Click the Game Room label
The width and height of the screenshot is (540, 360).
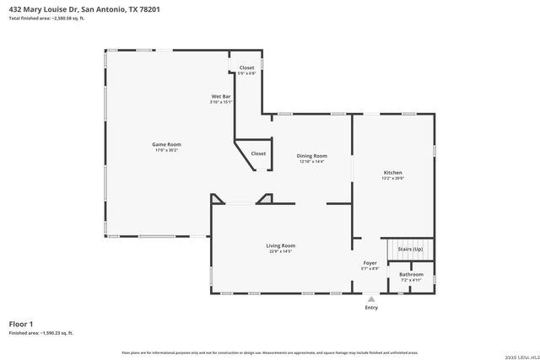(x=166, y=144)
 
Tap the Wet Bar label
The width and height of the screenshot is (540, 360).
(x=221, y=96)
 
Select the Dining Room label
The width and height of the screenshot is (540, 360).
(x=311, y=155)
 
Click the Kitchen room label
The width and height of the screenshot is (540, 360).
(x=393, y=173)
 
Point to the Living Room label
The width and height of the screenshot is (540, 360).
(x=281, y=245)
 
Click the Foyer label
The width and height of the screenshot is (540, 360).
(x=370, y=263)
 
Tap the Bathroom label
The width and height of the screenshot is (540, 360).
(x=411, y=274)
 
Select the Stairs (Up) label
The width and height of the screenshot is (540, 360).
(x=410, y=250)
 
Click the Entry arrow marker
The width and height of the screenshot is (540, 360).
(x=370, y=298)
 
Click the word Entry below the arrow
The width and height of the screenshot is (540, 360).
(x=371, y=308)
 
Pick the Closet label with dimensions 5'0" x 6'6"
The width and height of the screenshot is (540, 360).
(x=246, y=67)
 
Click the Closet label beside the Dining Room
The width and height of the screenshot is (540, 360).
(x=258, y=153)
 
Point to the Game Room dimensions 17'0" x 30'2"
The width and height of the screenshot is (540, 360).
(x=166, y=150)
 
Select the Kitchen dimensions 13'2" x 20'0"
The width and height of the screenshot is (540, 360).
(x=393, y=179)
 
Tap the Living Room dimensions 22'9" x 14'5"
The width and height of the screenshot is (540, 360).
(x=281, y=251)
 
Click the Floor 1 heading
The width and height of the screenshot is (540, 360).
(x=21, y=324)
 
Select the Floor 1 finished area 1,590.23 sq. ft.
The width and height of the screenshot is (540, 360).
(x=40, y=333)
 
